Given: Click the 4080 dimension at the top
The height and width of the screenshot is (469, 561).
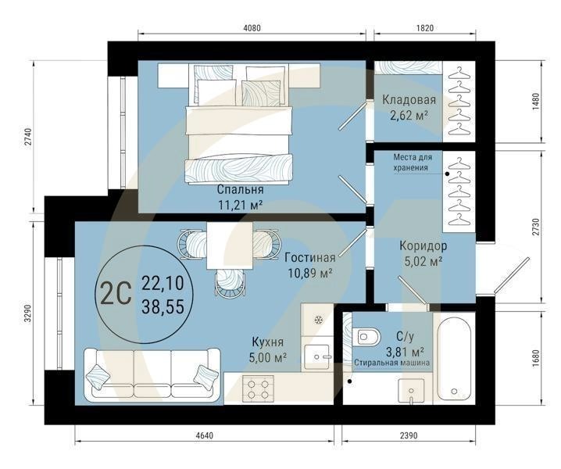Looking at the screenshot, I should point(252,27).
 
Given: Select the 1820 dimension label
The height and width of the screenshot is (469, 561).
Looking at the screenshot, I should point(425,27).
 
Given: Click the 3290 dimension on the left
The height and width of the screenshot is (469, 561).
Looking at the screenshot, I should point(27,313).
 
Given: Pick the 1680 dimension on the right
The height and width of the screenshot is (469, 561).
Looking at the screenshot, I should point(535,359).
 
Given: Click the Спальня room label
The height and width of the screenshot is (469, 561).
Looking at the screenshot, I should point(241,189).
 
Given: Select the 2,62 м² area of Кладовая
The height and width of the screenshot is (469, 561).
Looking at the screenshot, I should point(409,116).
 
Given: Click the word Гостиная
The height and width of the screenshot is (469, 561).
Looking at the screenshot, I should point(309,257).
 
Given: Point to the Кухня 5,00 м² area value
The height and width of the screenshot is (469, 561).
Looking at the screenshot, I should point(268,357).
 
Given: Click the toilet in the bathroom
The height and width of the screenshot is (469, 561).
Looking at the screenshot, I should point(366,337).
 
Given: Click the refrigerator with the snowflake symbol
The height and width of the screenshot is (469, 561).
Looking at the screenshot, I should point(318,321).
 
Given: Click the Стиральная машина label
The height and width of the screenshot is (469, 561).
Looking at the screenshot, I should point(389,363).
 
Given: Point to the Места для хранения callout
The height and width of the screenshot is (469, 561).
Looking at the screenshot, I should point(411,162).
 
